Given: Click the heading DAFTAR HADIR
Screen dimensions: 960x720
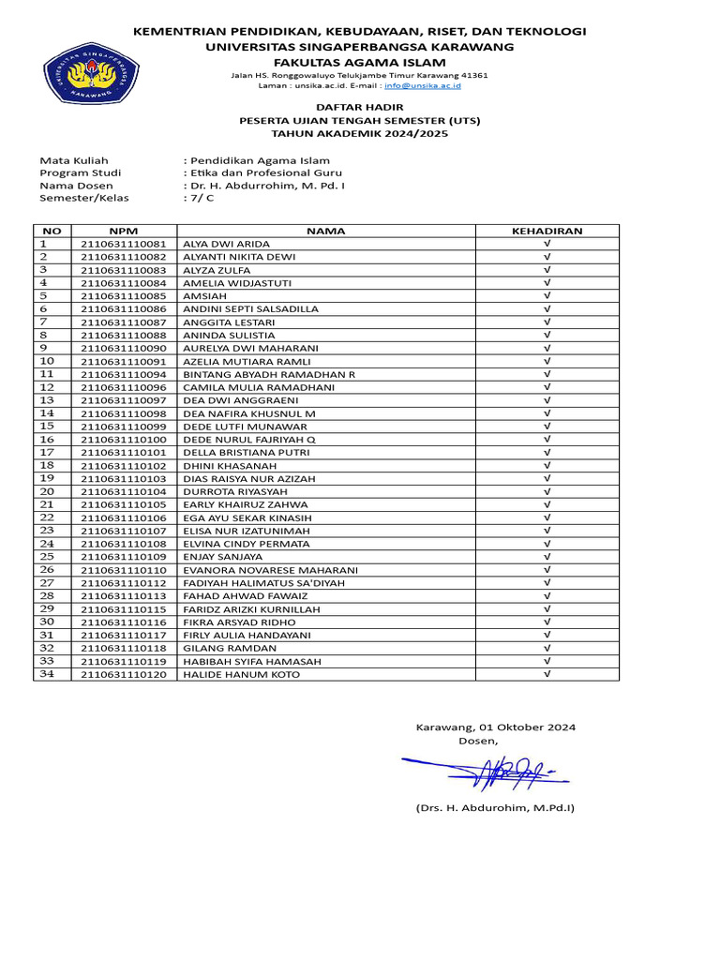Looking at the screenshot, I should point(360,108).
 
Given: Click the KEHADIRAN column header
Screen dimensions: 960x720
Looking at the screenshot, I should point(547,231).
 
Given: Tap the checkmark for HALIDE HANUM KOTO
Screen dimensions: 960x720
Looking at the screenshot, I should point(547,674).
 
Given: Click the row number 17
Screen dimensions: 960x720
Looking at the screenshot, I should point(48,452).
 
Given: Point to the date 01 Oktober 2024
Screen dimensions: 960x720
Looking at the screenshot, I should point(527,727).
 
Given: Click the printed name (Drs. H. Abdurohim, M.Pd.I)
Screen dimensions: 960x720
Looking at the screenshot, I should point(495,807).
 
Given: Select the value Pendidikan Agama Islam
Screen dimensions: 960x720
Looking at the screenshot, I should point(259,160).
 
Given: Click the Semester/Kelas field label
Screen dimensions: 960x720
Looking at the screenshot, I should point(83,198).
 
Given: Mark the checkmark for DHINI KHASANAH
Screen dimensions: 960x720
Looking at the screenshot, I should point(547,465).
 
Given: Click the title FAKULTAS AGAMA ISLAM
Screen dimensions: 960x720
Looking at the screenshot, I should point(360,61).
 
